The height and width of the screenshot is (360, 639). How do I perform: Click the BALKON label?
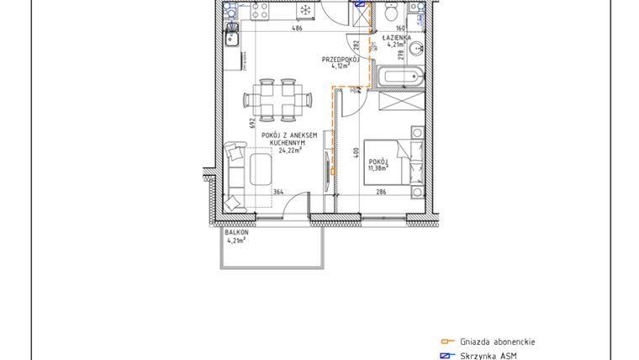tap(225, 232)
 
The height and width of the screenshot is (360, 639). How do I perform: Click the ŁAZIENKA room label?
tap(395, 38)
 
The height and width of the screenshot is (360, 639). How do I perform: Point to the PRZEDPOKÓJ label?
tap(341, 60)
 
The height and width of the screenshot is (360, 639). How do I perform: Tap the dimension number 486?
tap(296, 29)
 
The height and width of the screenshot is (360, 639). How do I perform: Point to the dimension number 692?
tap(252, 121)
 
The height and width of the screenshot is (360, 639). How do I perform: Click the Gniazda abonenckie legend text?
tap(497, 341)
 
